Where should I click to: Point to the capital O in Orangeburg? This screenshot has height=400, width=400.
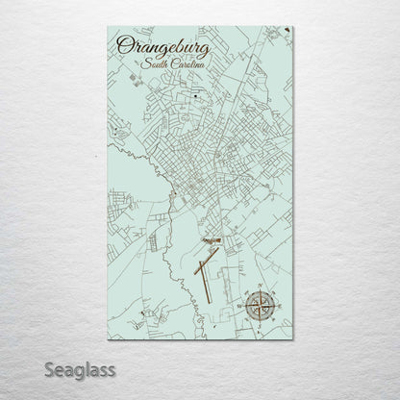[x=124, y=44]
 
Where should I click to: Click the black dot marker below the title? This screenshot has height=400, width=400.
[x=195, y=97]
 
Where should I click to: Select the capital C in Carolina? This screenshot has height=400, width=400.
[x=169, y=63]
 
